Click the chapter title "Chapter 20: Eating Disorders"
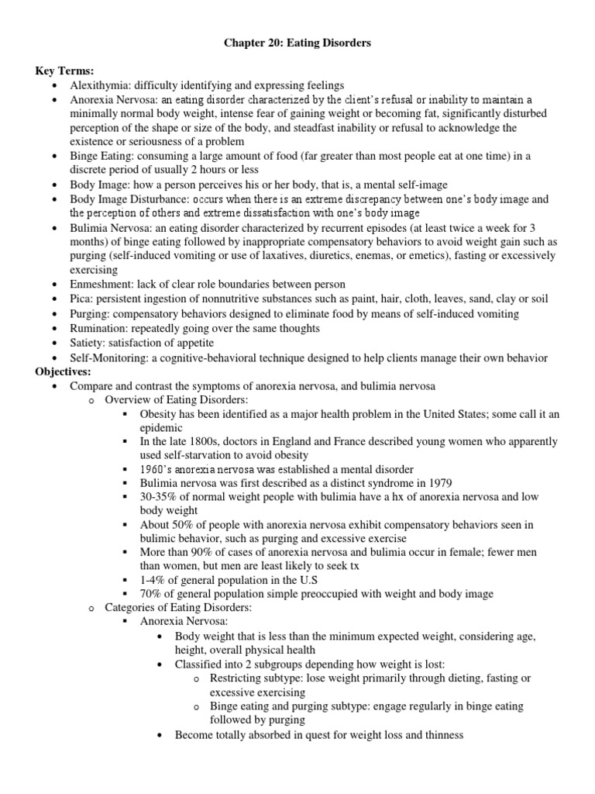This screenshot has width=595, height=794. click(x=297, y=43)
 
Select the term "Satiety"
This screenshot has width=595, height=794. click(x=88, y=343)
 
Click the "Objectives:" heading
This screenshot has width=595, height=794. click(x=64, y=371)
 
